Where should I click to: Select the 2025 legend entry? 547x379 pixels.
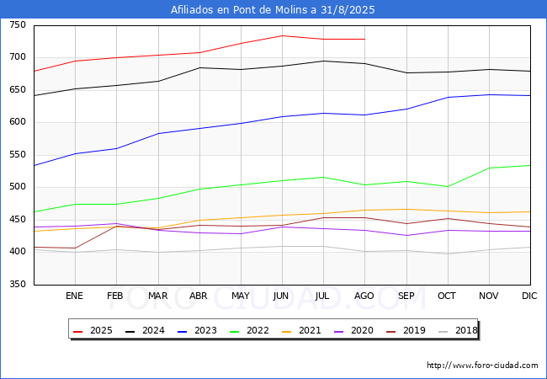pos(93,330)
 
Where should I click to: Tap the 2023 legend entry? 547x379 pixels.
pos(197,330)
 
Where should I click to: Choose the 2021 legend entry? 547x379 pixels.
pos(301,330)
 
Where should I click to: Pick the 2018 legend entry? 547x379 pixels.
pos(458,330)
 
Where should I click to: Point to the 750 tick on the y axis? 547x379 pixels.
pos(18,25)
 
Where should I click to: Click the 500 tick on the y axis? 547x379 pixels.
pos(18,187)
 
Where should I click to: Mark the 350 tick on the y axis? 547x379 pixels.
pos(18,284)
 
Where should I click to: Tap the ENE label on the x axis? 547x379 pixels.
pos(74,296)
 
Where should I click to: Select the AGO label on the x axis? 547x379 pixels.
pos(364,296)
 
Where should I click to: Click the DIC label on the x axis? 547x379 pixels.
pos(529,296)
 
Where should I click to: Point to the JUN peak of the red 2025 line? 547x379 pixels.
pos(282,35)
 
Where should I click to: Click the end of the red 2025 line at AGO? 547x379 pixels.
pos(365,39)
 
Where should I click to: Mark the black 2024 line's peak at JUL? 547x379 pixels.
pos(324,61)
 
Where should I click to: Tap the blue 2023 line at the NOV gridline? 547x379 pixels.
pos(489,94)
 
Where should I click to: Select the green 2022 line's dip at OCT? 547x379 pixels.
pos(448,187)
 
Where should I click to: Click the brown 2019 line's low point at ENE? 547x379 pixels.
pos(75,248)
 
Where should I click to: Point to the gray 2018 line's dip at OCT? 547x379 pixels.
pos(448,254)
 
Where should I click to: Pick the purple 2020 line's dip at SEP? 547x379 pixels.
pos(406,235)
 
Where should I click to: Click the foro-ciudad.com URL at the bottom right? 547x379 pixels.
pos(482,366)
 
